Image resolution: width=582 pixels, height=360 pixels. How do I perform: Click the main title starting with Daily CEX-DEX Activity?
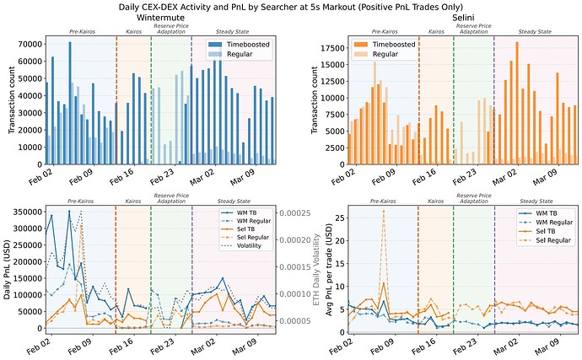pyautogui.click(x=291, y=7)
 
